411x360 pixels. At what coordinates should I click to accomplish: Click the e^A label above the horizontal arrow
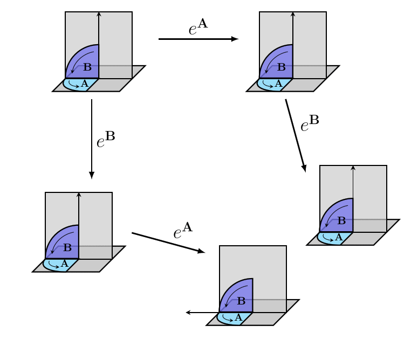tap(197, 27)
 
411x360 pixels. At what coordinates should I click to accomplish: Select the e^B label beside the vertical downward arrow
tap(105, 140)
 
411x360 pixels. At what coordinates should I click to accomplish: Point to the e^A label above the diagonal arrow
tap(182, 231)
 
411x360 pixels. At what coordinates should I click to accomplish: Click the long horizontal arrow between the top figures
tap(198, 39)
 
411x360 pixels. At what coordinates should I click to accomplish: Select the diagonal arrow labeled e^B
tap(296, 135)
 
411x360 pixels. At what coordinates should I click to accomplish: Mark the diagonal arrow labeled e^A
tap(168, 243)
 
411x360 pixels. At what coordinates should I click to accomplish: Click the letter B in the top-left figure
tap(87, 67)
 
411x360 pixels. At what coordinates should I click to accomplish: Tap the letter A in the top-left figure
tap(84, 84)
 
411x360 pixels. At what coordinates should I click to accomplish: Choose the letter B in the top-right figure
tap(281, 67)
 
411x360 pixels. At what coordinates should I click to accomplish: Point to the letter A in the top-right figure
tap(278, 84)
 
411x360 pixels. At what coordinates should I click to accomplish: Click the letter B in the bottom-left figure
tap(67, 248)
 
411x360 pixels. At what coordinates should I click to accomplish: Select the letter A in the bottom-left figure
tap(64, 264)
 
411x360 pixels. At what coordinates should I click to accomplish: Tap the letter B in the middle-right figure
tap(341, 221)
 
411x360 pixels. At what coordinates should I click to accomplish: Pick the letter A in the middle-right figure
tap(339, 238)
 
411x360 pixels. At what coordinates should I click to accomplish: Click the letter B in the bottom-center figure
tap(241, 301)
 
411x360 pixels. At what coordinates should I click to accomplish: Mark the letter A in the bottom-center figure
tap(238, 318)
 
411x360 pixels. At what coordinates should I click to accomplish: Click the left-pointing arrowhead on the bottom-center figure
tap(188, 313)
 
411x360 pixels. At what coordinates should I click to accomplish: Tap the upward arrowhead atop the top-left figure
tap(99, 13)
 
